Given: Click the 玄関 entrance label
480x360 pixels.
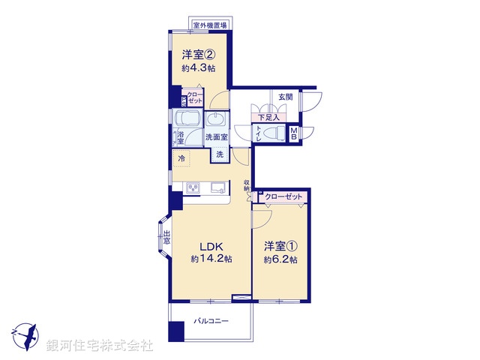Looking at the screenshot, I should click(286, 97).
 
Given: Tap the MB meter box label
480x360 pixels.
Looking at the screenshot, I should click(295, 133).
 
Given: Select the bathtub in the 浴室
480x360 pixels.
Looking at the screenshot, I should click(187, 120).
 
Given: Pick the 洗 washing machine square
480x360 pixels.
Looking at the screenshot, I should click(220, 154).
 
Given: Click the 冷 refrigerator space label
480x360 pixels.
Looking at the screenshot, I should click(181, 158).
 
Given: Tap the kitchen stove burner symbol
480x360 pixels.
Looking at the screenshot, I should click(191, 187).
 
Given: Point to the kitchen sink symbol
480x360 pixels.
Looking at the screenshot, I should click(216, 187).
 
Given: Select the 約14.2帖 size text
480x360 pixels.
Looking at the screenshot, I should click(211, 259).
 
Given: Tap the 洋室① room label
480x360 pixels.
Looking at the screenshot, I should click(280, 246).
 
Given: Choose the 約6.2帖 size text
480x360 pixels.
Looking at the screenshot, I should click(280, 259).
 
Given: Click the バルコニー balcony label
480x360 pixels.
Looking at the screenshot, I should click(211, 320).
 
